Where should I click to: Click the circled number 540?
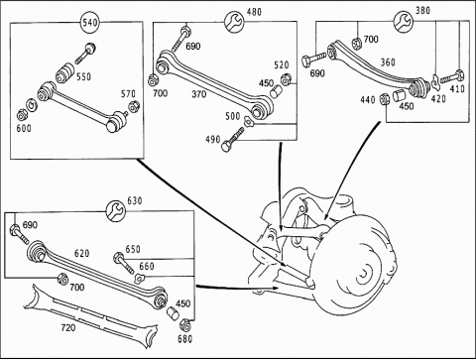[90, 23]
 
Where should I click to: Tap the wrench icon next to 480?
[234, 22]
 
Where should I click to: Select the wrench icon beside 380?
[404, 21]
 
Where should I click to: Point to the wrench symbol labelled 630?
[116, 210]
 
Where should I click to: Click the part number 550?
[83, 76]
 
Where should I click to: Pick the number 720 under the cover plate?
[68, 327]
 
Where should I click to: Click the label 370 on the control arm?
[199, 94]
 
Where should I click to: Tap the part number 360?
[388, 62]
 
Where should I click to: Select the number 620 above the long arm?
[82, 253]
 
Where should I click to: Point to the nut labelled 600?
[22, 115]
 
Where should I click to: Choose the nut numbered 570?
[134, 106]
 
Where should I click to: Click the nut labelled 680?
[184, 325]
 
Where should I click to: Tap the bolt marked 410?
[452, 77]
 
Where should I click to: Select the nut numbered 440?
[385, 99]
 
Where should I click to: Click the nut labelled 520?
[285, 80]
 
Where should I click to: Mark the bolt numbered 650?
[124, 262]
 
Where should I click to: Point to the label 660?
[147, 266]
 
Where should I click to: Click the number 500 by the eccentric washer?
[233, 116]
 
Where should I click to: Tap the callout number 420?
[438, 98]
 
